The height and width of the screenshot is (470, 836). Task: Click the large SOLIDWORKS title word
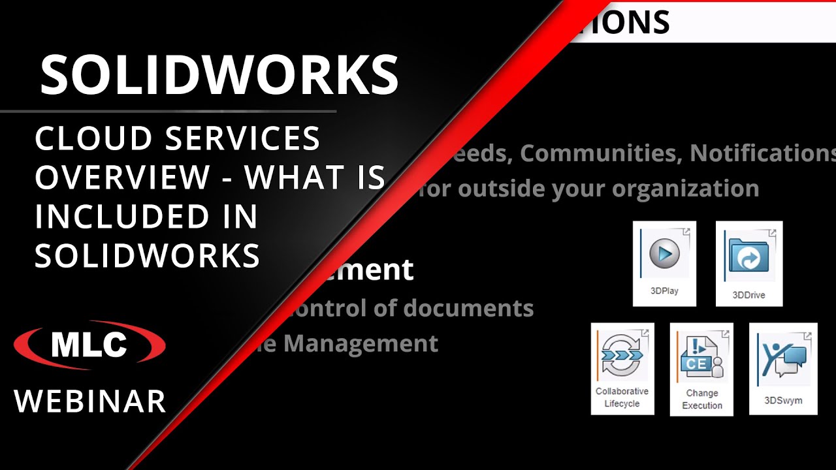tap(219, 74)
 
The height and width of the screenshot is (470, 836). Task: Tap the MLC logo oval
tap(89, 345)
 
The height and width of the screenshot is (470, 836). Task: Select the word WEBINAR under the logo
tap(90, 401)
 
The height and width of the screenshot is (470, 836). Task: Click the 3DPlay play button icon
tap(664, 253)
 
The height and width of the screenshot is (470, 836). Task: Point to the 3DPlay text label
tap(664, 291)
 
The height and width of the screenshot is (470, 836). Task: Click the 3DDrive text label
tap(748, 295)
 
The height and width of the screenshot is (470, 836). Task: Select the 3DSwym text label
tap(783, 400)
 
